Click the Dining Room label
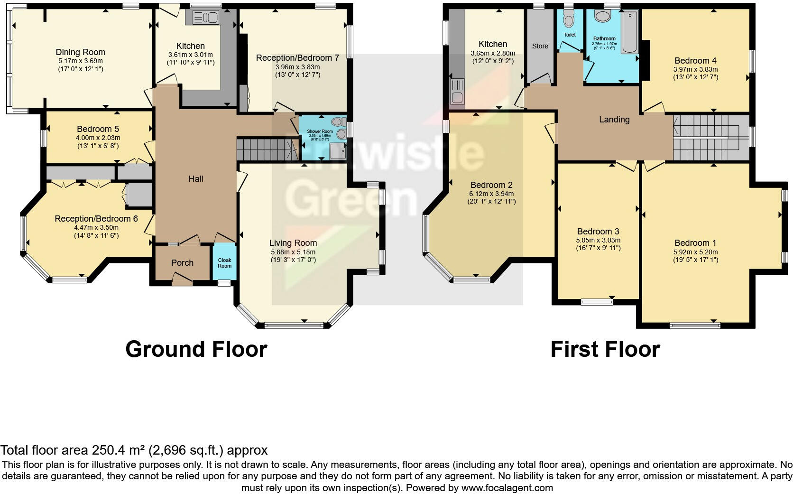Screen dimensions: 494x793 (80, 52)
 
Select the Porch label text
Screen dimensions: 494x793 (182, 263)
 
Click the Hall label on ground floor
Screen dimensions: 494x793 (196, 179)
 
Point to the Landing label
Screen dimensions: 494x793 (614, 120)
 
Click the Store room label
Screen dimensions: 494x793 (540, 46)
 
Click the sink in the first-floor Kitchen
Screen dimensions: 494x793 (457, 93)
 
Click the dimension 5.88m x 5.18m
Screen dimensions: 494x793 (293, 252)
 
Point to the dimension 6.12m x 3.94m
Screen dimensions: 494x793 (491, 194)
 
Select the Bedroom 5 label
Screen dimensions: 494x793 (98, 129)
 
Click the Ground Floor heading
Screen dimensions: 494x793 (196, 349)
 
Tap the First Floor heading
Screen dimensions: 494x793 (605, 349)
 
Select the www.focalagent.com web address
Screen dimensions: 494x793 (507, 487)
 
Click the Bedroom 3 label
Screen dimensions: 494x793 (598, 232)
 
